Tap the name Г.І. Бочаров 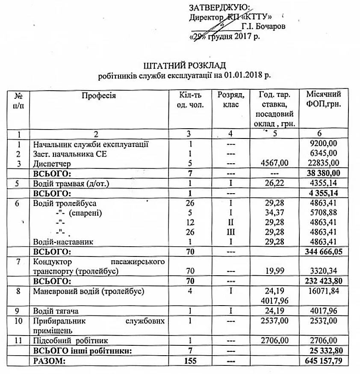coord(263,27)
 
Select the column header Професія coord(99,95)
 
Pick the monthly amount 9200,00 coord(325,144)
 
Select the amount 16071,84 coord(325,292)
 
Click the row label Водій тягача coord(56,311)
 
